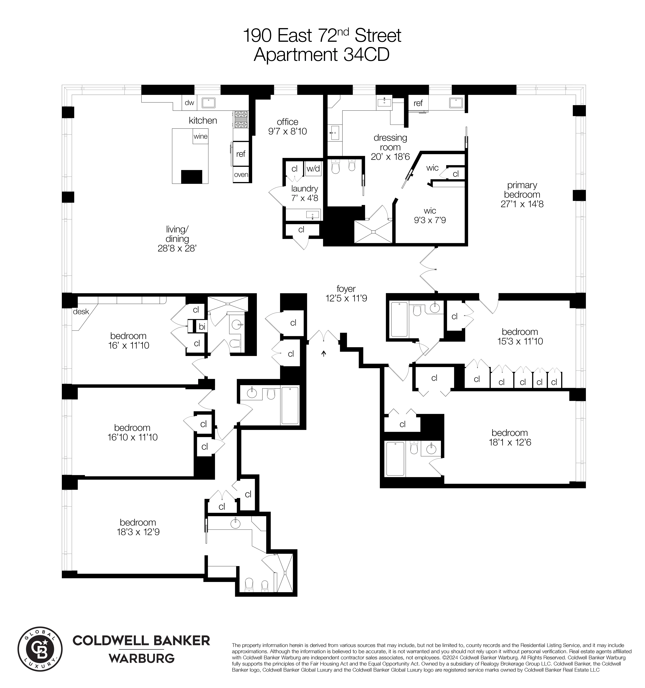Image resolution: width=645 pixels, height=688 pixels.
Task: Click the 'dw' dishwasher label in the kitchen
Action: pos(189,103)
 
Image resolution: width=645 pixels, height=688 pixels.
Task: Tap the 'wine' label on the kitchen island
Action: pos(200,136)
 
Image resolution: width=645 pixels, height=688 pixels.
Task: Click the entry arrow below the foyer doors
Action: pos(324,353)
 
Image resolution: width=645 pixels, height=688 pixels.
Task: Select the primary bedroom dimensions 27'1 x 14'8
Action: pos(522,204)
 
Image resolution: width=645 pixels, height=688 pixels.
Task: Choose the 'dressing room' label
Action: pos(390,142)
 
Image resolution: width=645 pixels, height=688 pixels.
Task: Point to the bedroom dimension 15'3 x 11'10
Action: pos(520,341)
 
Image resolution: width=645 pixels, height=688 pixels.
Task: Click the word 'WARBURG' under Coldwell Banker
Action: pos(141,658)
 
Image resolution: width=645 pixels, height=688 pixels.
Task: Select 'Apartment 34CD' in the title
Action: pos(322,55)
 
